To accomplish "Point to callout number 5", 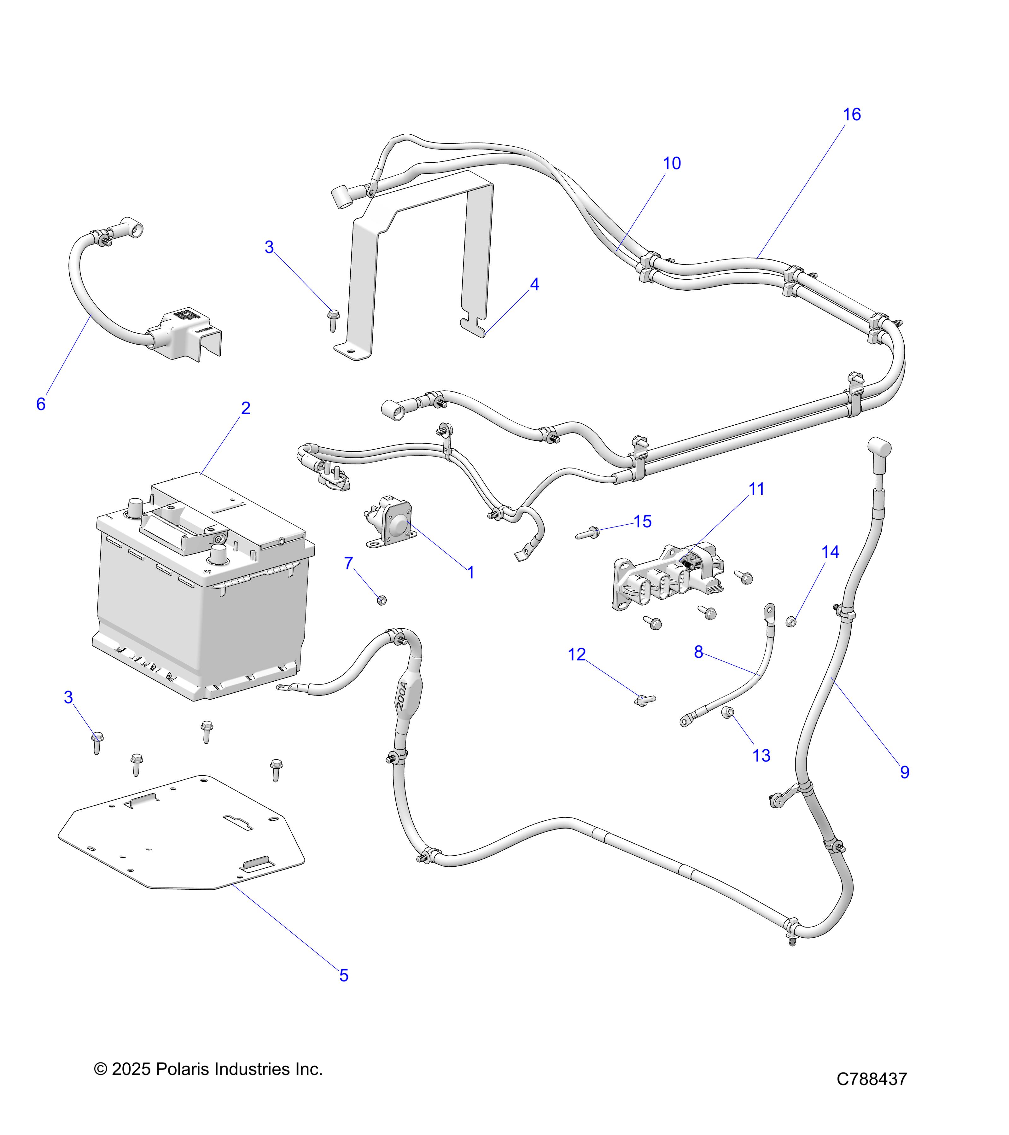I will (x=344, y=976).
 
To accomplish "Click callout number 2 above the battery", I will (x=245, y=408).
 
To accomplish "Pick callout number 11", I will (x=756, y=489).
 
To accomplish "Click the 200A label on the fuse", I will (x=403, y=696).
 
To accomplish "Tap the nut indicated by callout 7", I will (x=382, y=600).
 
